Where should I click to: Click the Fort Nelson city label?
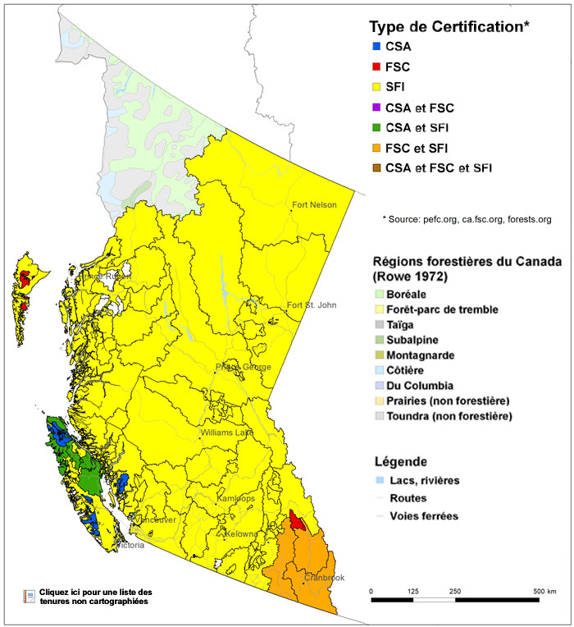point(314,205)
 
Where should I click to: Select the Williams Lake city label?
point(226,432)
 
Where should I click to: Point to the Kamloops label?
point(235,499)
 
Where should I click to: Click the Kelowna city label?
point(241,534)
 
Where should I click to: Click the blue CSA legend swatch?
point(376,47)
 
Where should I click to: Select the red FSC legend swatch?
point(376,67)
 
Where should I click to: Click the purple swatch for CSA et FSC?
point(376,108)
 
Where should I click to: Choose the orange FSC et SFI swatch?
point(376,148)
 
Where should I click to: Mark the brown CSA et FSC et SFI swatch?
point(376,168)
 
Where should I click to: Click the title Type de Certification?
point(449,26)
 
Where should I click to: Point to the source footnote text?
point(466,219)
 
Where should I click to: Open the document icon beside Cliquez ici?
point(30,597)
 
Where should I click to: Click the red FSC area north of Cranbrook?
point(298,522)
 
